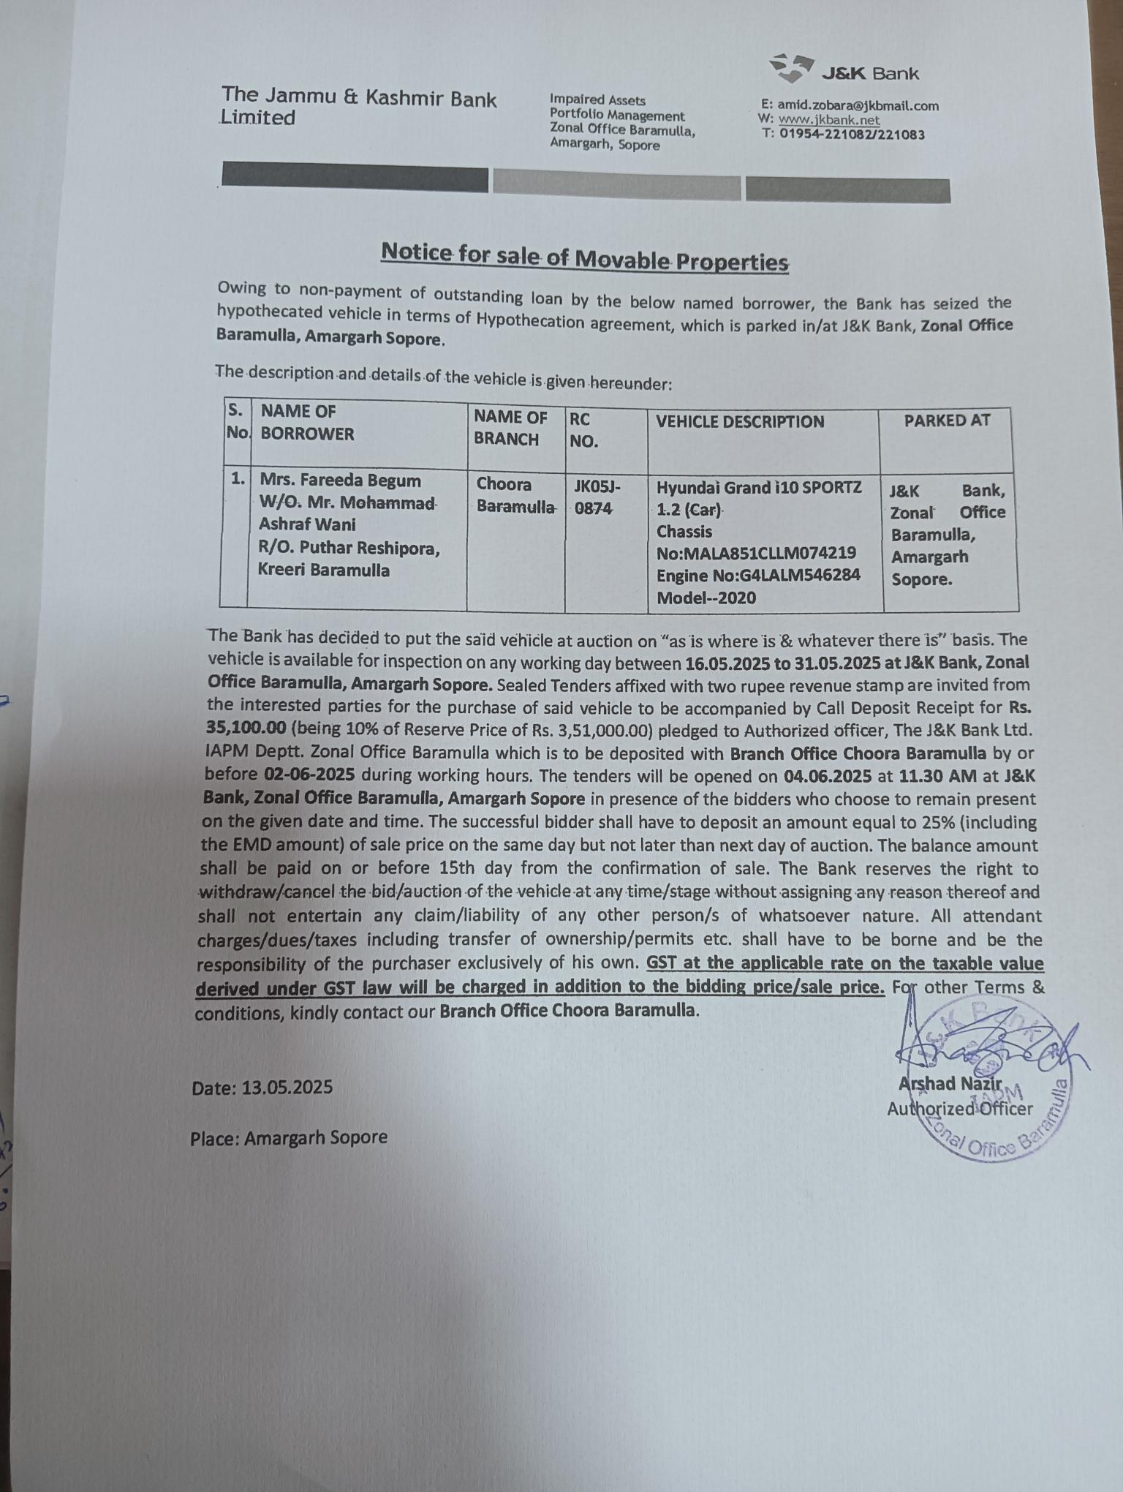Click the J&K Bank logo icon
point(792,68)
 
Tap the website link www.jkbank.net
point(828,120)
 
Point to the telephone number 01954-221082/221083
point(852,135)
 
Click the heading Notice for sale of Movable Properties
point(585,257)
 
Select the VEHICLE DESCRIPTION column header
point(739,422)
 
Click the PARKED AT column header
point(946,421)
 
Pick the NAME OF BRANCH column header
point(510,428)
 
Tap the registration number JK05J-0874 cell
point(596,497)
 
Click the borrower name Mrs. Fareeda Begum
point(340,481)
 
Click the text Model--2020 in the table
point(706,598)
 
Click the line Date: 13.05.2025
point(262,1088)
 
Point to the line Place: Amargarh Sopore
point(288,1138)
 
